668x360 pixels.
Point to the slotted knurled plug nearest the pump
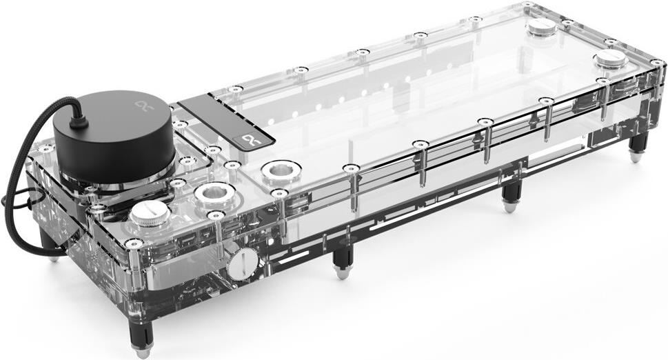click(x=150, y=214)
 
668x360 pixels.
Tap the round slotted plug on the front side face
click(x=242, y=263)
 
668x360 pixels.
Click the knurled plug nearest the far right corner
click(x=611, y=59)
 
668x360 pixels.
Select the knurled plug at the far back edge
click(x=541, y=27)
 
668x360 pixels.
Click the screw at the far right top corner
click(x=656, y=63)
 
